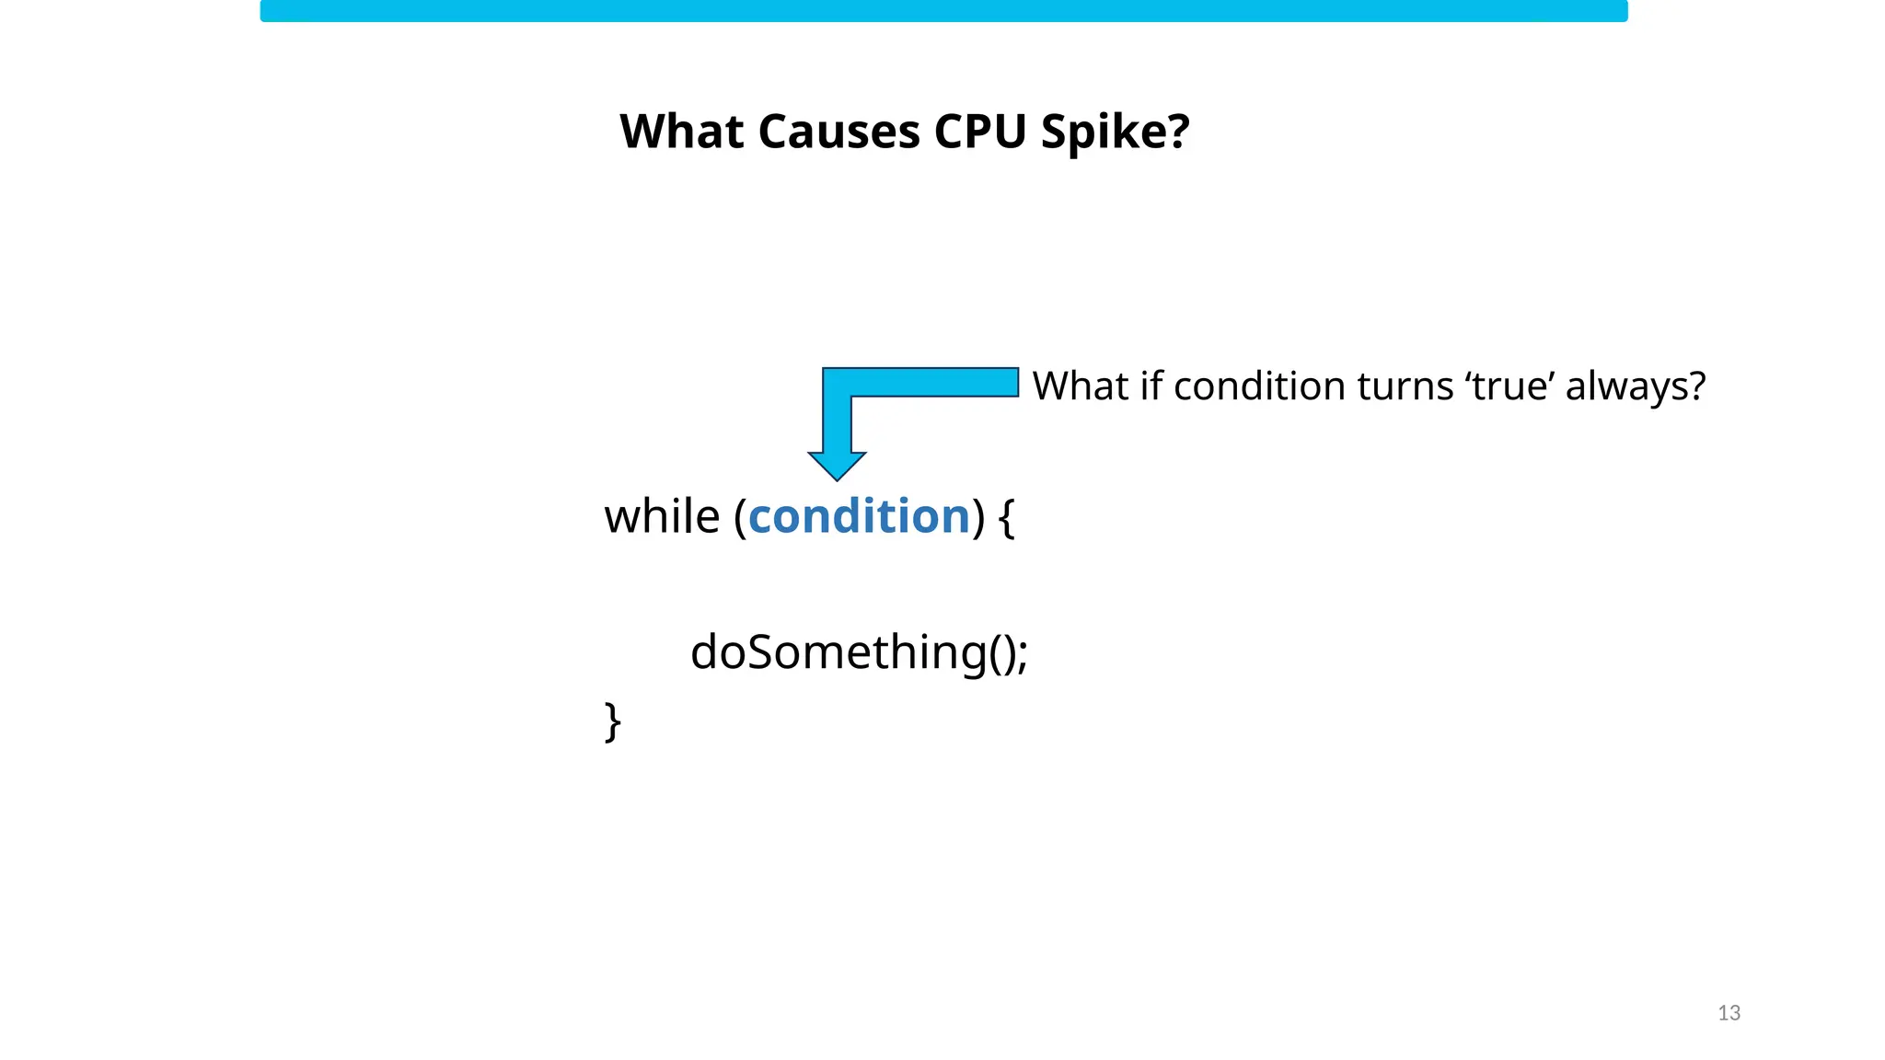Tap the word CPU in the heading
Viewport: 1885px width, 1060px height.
point(980,132)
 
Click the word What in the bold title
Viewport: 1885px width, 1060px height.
point(681,132)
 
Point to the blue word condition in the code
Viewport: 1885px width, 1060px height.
point(859,516)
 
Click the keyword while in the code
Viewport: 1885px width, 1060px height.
point(662,516)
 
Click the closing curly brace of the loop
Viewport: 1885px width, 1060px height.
point(613,721)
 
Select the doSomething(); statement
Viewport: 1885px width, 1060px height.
point(858,652)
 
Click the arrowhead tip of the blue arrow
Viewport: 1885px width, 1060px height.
point(837,476)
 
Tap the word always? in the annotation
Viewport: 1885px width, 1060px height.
point(1636,386)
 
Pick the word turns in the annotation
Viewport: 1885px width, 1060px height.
point(1405,386)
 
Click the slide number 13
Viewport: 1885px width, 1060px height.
point(1729,1013)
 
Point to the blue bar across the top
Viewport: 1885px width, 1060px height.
point(943,11)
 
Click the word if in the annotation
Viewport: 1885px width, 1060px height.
point(1151,386)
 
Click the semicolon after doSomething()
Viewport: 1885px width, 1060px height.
point(1023,655)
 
